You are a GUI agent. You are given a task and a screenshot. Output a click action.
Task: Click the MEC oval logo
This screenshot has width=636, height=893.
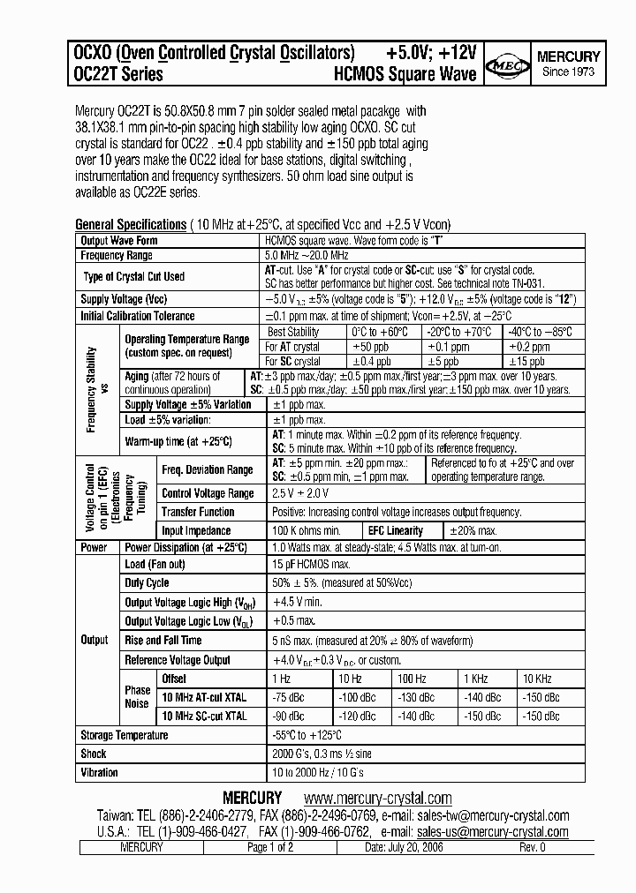click(x=511, y=64)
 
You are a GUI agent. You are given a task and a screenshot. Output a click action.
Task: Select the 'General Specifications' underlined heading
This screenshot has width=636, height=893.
click(x=131, y=224)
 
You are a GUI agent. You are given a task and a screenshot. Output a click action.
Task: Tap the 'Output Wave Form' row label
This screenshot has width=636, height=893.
click(x=119, y=240)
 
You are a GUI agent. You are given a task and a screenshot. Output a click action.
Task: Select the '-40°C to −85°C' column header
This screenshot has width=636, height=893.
click(x=540, y=332)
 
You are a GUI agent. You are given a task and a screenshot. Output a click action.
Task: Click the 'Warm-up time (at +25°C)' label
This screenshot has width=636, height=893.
click(x=178, y=441)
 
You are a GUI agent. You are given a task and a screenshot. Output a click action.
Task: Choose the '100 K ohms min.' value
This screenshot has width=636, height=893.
click(x=307, y=530)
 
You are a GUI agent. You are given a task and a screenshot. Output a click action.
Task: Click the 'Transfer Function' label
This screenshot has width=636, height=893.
click(x=198, y=512)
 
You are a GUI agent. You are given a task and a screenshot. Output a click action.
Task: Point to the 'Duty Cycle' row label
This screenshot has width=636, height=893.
click(x=147, y=582)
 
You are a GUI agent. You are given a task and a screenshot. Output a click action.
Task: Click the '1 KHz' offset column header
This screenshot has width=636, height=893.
click(x=475, y=678)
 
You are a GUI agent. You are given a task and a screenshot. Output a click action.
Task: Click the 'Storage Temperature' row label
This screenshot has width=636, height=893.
click(x=125, y=735)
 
